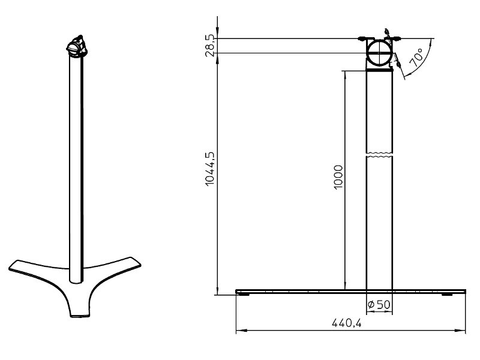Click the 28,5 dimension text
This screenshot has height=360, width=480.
(209, 45)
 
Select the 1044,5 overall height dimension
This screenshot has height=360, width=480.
(209, 169)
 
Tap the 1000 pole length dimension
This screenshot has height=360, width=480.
(338, 176)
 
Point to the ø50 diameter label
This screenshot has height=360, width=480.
(379, 305)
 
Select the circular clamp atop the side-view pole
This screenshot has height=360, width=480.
(379, 53)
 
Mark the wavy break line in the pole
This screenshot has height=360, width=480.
(379, 155)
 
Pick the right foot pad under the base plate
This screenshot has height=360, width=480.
(448, 295)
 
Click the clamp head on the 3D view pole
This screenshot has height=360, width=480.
(76, 46)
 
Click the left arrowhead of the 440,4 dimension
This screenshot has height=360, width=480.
(238, 330)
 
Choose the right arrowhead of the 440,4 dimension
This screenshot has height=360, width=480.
(463, 330)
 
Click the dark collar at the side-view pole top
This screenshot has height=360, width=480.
(379, 70)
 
